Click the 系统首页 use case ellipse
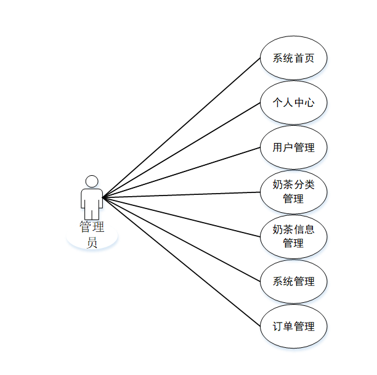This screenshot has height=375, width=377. (x=293, y=59)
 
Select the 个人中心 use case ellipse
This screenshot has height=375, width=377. (x=293, y=103)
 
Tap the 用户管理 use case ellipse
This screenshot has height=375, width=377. (x=293, y=148)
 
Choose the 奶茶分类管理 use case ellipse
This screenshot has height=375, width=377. (x=293, y=192)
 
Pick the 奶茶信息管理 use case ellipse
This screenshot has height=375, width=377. (x=293, y=236)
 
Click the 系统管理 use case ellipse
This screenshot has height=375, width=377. (x=293, y=281)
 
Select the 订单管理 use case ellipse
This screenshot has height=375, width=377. (x=293, y=326)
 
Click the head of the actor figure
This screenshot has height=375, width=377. (x=92, y=181)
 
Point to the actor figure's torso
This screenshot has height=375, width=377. (x=92, y=200)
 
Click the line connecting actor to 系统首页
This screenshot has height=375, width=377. (x=182, y=128)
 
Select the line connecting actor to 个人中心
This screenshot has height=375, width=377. (x=182, y=150)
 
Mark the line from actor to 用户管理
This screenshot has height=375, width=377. (x=182, y=173)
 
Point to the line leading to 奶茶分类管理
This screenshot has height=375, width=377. (x=182, y=195)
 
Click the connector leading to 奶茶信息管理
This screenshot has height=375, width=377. (x=182, y=217)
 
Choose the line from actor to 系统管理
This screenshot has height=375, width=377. (x=182, y=239)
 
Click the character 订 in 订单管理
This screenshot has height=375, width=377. (x=278, y=326)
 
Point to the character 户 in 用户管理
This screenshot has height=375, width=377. (x=288, y=148)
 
